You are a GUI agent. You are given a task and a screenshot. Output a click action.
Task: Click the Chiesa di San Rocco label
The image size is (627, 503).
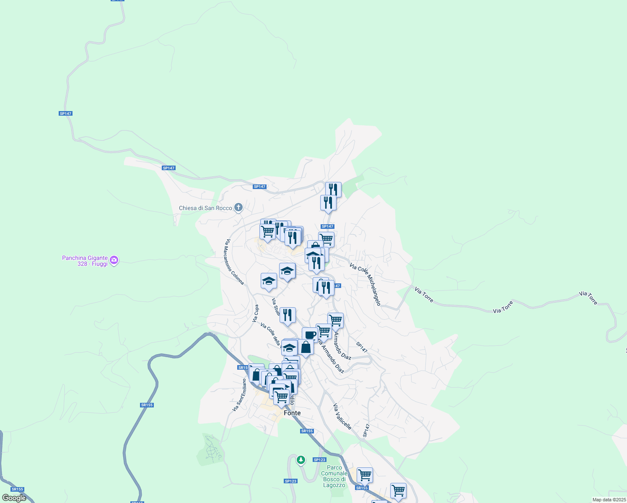click(205, 208)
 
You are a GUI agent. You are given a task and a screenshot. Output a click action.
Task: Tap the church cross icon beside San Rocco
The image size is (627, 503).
click(238, 207)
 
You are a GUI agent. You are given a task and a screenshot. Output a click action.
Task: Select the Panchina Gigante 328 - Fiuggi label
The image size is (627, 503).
click(85, 261)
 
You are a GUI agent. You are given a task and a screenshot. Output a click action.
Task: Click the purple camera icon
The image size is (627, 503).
click(114, 260)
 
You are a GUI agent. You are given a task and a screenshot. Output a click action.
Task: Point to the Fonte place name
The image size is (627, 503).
click(292, 413)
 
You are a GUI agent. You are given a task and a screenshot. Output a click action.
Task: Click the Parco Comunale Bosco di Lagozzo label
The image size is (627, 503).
click(334, 476)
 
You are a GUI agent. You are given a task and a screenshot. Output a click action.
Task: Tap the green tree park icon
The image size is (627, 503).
click(301, 460)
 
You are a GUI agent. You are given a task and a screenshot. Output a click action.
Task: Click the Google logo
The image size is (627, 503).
click(14, 498)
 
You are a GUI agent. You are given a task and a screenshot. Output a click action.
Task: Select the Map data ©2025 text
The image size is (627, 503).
click(608, 500)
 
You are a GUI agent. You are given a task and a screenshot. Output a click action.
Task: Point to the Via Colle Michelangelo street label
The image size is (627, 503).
click(365, 285)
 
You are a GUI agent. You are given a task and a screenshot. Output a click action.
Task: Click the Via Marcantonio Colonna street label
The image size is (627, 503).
click(235, 262)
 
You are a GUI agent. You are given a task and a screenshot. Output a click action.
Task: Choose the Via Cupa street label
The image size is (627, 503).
click(256, 314)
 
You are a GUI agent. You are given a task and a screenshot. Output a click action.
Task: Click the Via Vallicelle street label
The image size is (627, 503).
click(342, 416)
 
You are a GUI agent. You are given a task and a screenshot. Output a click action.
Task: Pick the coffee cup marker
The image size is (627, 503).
click(310, 334)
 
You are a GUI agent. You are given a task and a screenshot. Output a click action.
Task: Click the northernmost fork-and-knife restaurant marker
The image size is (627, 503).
click(333, 189)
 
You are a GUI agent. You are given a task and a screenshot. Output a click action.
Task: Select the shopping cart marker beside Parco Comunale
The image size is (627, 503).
click(365, 475)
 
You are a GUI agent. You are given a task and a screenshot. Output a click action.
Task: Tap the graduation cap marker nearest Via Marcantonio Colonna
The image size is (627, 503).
click(269, 281)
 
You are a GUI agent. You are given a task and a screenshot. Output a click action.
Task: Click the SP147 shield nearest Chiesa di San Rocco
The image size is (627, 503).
click(259, 187)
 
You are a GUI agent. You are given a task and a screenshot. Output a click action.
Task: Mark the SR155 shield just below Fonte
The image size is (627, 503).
click(307, 431)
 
